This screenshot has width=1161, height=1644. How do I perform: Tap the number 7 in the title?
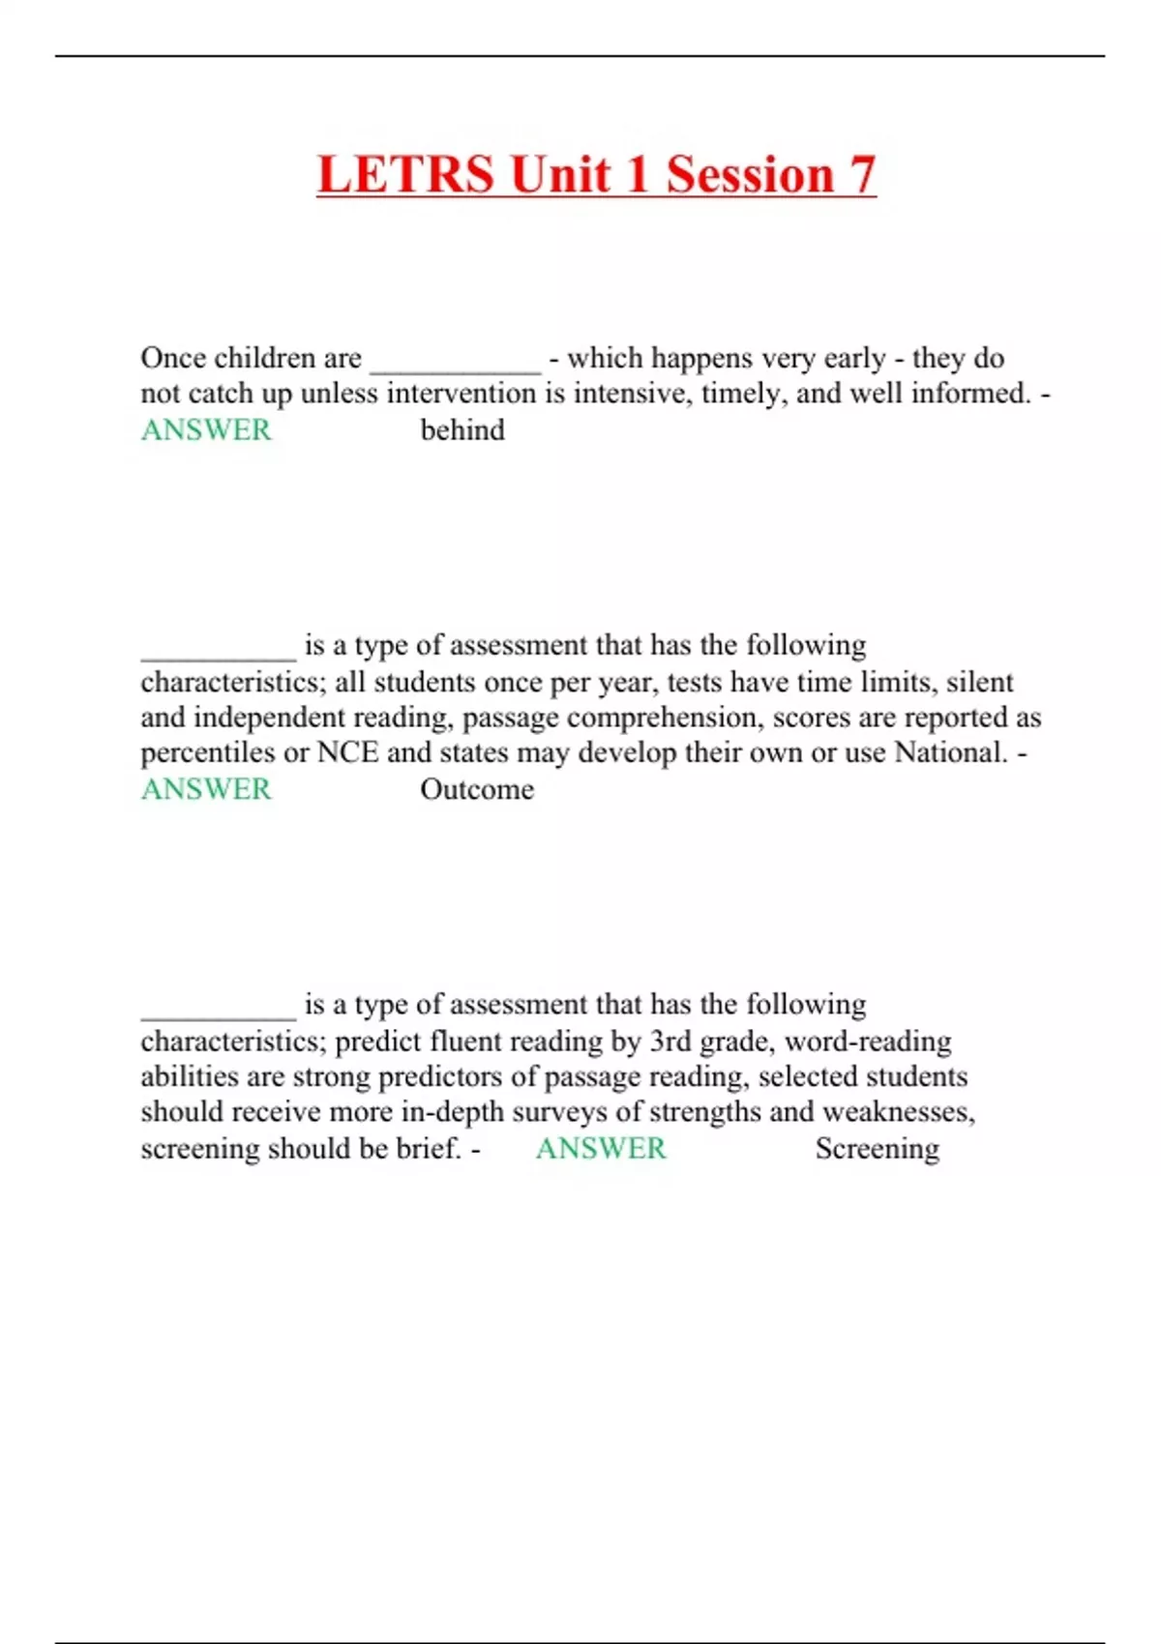point(862,175)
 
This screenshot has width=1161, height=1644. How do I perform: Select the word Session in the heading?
point(750,175)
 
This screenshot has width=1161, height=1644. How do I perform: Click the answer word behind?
point(462,430)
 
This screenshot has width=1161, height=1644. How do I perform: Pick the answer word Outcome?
point(477,789)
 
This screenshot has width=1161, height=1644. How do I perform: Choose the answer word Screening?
point(877,1149)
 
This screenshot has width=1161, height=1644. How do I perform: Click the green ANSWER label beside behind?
point(206,430)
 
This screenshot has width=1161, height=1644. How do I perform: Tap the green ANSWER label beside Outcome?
point(206,789)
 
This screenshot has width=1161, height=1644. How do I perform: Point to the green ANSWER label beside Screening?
point(601,1149)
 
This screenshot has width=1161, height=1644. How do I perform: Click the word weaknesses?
point(899,1112)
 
